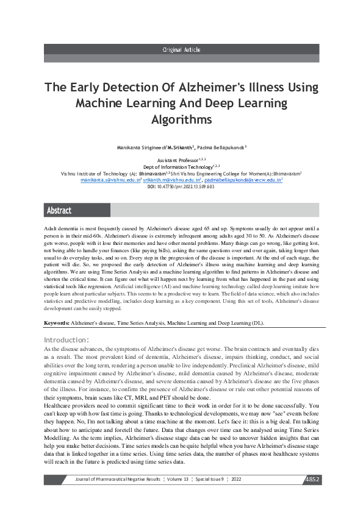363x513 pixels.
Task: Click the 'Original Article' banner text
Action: click(x=181, y=50)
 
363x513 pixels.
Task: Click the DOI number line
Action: click(x=181, y=186)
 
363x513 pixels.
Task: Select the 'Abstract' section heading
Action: click(x=59, y=210)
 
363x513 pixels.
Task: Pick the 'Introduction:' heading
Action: click(x=66, y=339)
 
